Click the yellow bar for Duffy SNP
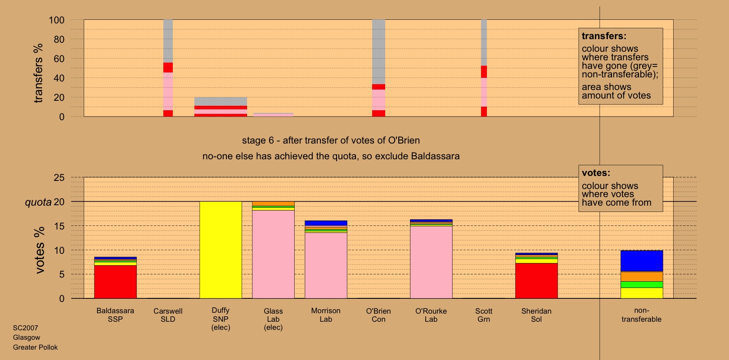220,250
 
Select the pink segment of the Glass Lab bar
273,254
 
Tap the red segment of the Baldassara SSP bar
115,282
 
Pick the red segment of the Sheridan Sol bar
536,281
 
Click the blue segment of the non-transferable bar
641,261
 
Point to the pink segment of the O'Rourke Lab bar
431,262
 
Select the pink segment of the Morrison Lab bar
326,265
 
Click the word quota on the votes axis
38,202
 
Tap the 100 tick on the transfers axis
57,20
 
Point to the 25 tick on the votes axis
59,178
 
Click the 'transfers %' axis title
38,73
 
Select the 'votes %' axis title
40,250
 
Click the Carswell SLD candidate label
168,315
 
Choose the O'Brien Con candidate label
378,315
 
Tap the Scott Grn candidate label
484,315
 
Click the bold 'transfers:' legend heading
604,36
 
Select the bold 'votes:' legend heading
596,173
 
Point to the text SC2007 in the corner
26,328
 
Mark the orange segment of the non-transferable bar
641,276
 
